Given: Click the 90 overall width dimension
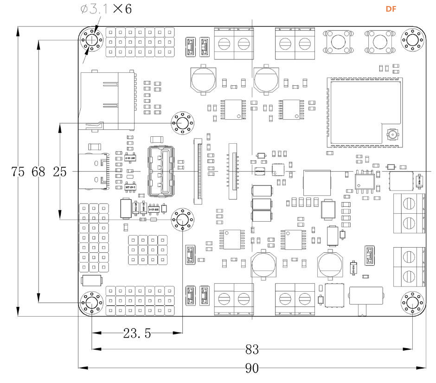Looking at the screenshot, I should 251,369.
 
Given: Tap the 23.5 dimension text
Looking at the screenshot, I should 137,333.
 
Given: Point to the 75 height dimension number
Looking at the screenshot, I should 18,172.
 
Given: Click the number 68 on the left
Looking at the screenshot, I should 38,172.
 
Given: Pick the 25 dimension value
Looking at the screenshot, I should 59,172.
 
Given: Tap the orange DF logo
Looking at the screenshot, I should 391,9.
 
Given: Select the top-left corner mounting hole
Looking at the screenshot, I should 92,40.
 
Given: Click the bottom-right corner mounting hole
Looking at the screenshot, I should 412,303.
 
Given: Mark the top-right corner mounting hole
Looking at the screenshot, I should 412,40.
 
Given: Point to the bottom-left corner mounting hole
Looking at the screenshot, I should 92,303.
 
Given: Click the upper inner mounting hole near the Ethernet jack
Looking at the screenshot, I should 183,123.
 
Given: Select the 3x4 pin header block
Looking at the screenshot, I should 147,249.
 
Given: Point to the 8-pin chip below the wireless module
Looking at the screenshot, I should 365,180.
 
